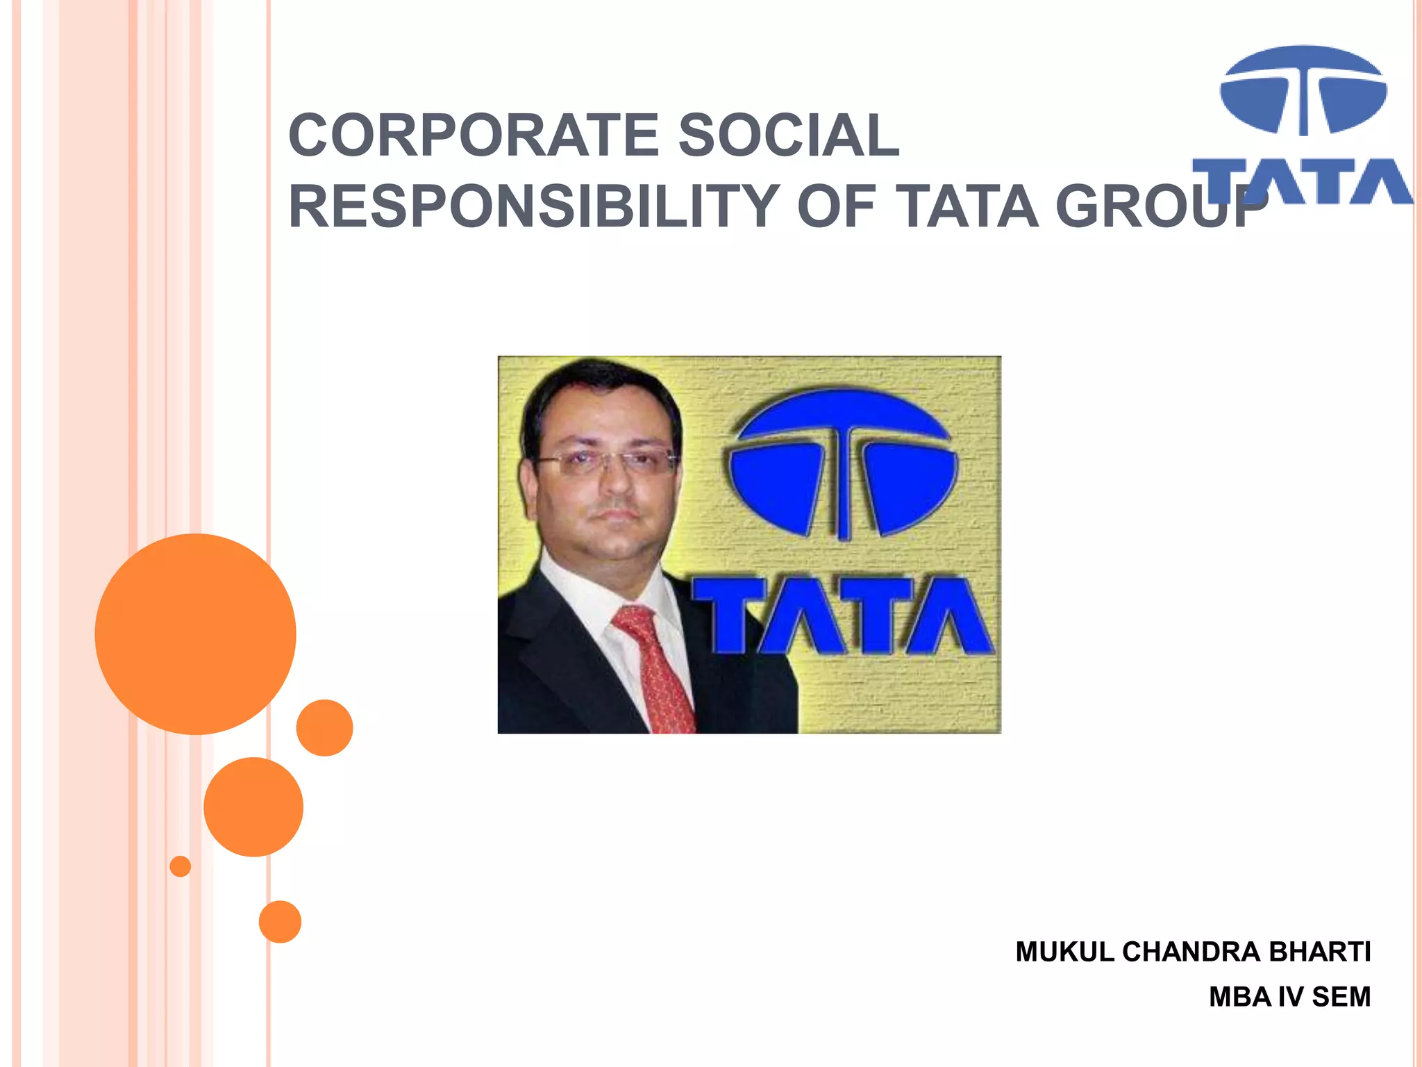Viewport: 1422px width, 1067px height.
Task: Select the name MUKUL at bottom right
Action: [x=1064, y=952]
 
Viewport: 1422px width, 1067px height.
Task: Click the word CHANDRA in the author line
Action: [x=1191, y=952]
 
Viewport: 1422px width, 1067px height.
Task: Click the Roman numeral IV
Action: [x=1291, y=998]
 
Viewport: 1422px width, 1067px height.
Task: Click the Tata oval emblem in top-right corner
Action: [x=1303, y=90]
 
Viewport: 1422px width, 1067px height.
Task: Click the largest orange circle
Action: [x=195, y=634]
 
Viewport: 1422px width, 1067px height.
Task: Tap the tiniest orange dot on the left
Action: [x=180, y=866]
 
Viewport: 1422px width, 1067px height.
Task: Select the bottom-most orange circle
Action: [x=280, y=922]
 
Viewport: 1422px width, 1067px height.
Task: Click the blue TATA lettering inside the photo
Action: [x=842, y=616]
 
